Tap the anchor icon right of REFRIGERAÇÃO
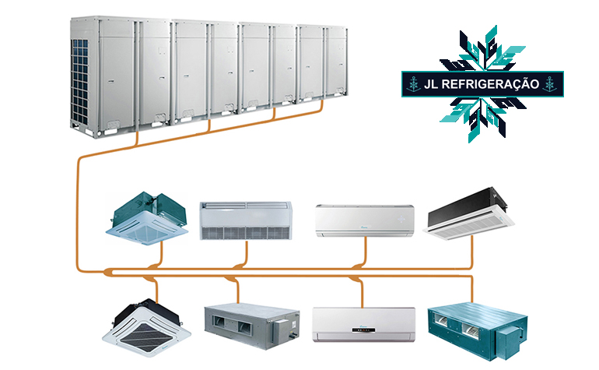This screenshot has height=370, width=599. (553, 84)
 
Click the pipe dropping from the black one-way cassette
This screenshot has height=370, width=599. (474, 253)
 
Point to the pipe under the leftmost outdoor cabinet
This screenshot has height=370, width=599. (137, 141)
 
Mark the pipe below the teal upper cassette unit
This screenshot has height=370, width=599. (159, 253)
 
